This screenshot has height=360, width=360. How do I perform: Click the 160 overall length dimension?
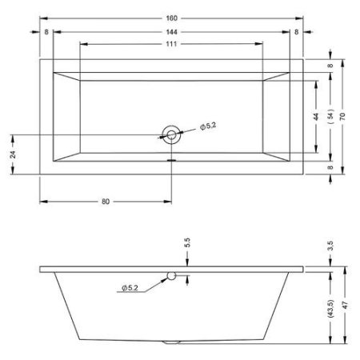tap(171, 18)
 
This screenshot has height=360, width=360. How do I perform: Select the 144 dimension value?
tap(171, 32)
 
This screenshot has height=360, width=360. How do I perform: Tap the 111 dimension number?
tap(171, 44)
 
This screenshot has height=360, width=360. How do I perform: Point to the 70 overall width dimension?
tap(342, 117)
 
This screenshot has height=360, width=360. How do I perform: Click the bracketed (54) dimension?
tap(330, 116)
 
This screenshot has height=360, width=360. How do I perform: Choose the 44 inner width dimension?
tap(316, 117)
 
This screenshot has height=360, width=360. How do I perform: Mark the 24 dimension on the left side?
tap(13, 154)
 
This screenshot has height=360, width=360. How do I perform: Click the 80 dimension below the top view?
tap(106, 202)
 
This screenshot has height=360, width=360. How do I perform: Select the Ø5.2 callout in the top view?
tap(208, 126)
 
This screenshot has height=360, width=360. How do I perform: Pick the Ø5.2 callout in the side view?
tap(130, 288)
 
